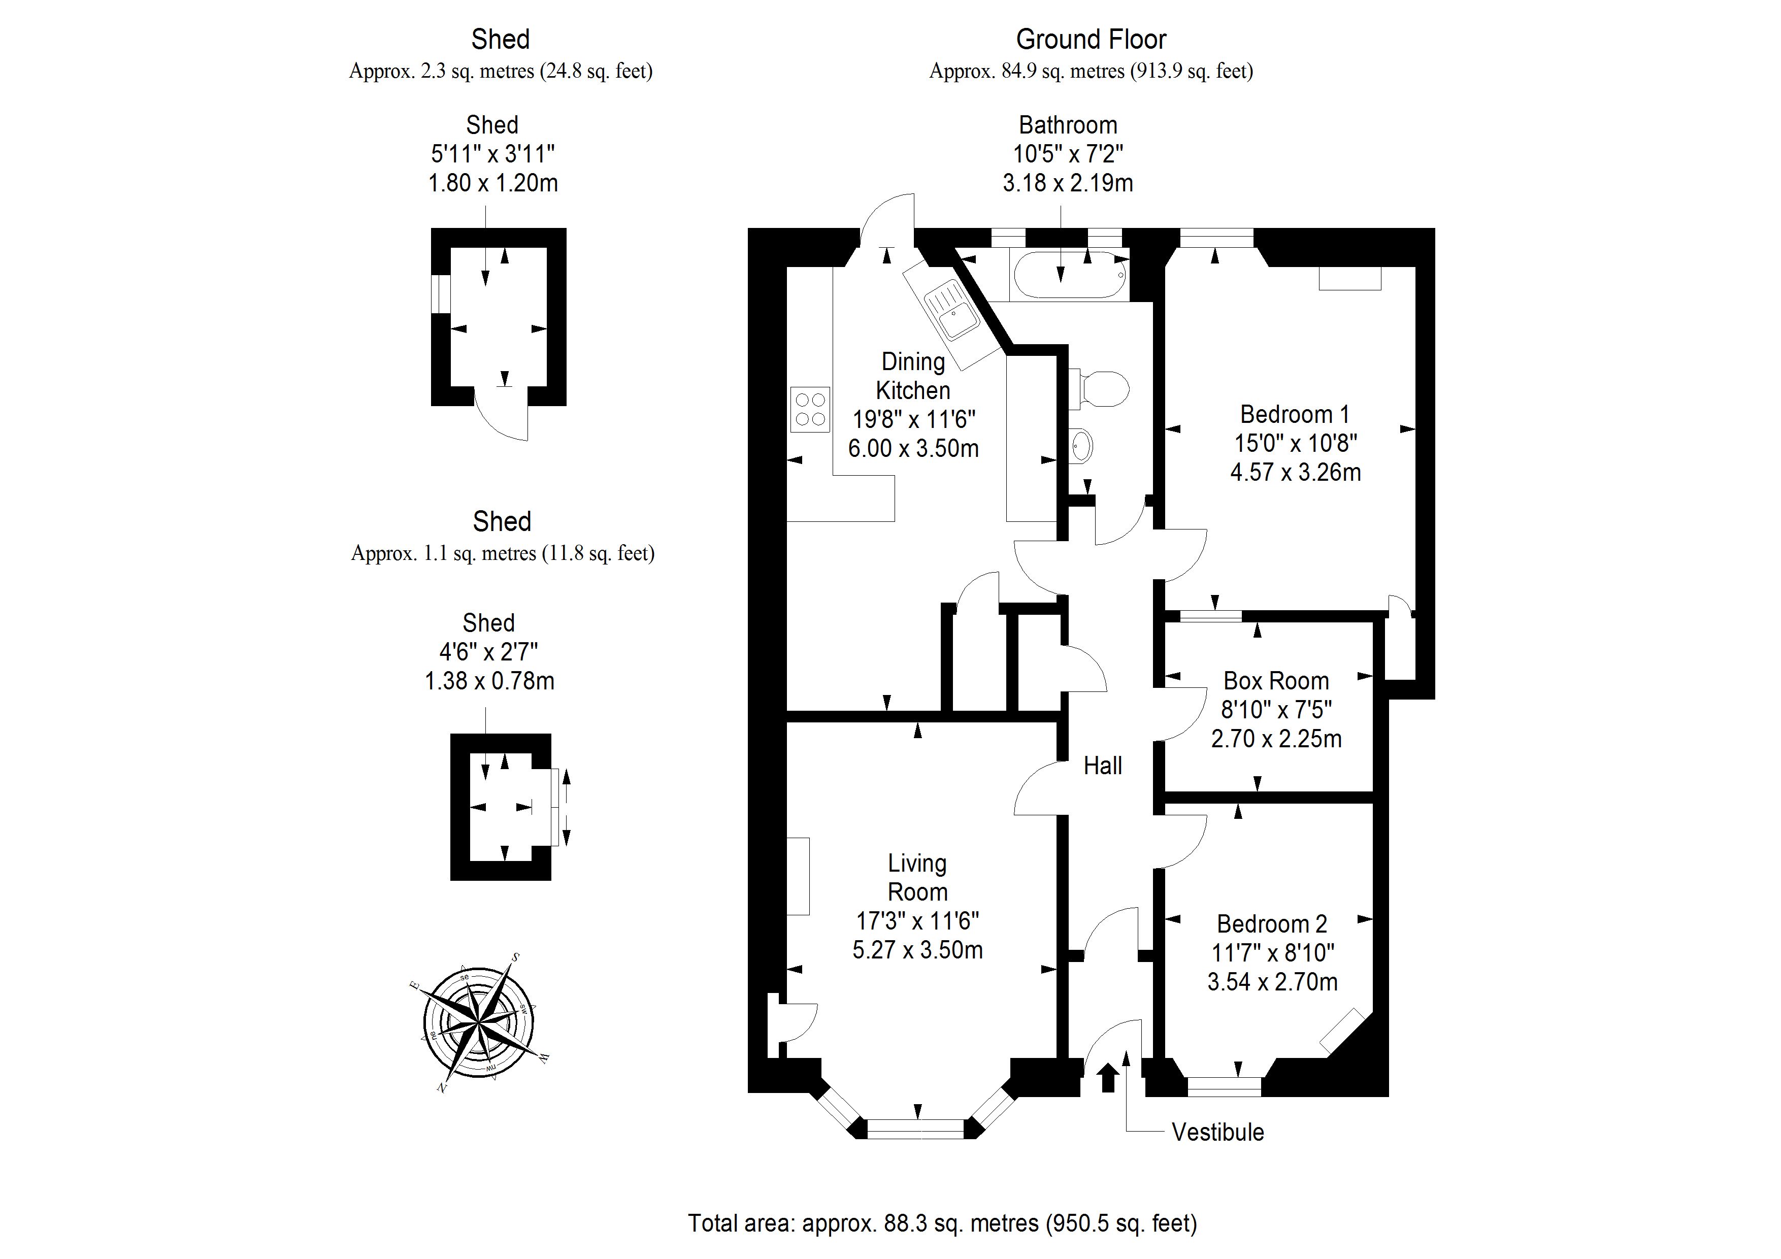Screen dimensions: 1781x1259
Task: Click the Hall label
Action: (x=1102, y=766)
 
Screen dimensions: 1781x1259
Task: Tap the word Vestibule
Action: (x=1217, y=1133)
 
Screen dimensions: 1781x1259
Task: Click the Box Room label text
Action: (x=1276, y=681)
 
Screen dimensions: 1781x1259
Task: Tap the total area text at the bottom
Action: (x=942, y=1223)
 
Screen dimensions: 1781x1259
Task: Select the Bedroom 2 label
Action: (x=1272, y=924)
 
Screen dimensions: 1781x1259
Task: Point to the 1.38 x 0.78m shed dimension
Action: (x=489, y=681)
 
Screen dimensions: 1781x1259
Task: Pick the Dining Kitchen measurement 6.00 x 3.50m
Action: (x=913, y=448)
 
